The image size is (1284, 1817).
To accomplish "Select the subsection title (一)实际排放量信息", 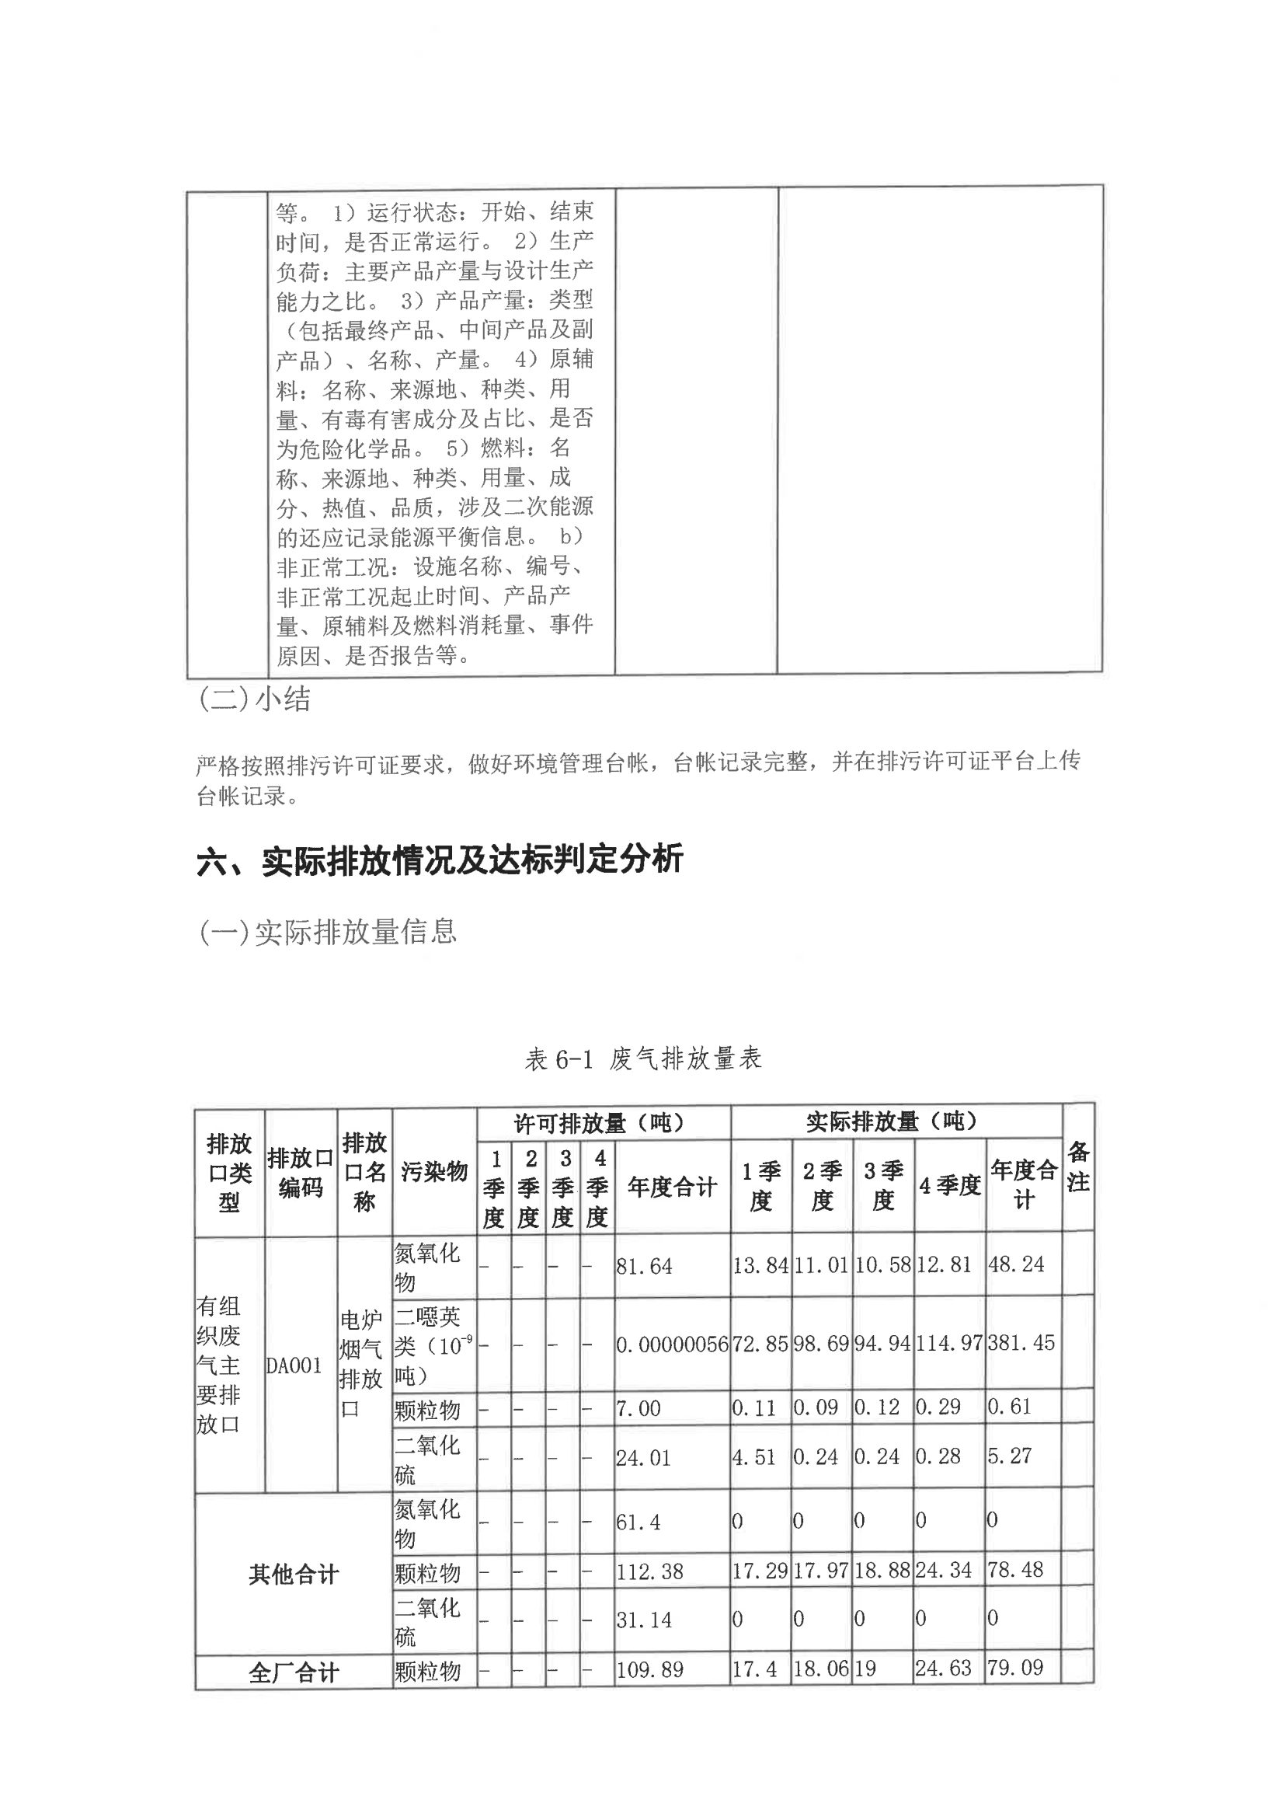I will pyautogui.click(x=328, y=933).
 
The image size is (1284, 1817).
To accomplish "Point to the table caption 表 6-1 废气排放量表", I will pyautogui.click(x=642, y=1058).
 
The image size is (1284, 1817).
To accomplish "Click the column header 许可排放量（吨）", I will pyautogui.click(x=599, y=1123).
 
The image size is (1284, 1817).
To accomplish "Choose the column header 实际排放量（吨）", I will pyautogui.click(x=893, y=1121).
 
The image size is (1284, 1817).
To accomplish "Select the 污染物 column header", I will pyautogui.click(x=433, y=1172).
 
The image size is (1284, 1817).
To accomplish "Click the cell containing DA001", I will pyautogui.click(x=294, y=1366).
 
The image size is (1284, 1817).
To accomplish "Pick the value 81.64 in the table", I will pyautogui.click(x=644, y=1266).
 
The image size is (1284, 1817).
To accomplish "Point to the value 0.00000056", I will pyautogui.click(x=672, y=1344).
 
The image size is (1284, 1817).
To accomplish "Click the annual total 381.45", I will pyautogui.click(x=1021, y=1343).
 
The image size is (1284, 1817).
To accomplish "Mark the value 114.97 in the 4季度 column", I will pyautogui.click(x=948, y=1343).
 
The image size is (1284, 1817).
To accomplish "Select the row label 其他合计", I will pyautogui.click(x=294, y=1575).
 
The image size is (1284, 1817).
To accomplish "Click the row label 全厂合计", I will pyautogui.click(x=294, y=1673).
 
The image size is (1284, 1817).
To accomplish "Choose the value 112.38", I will pyautogui.click(x=649, y=1571).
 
